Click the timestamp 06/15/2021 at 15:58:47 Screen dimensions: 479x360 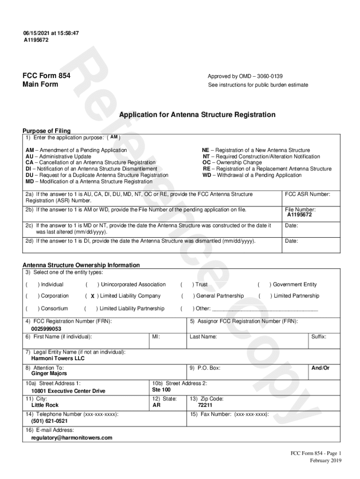tap(51, 33)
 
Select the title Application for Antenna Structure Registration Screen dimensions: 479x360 tap(197, 115)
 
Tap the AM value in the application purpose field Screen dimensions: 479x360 tap(114, 137)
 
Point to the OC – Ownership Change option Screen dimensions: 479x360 tap(232, 163)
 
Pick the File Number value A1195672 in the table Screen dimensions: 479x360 tap(299, 215)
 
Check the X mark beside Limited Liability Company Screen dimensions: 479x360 tap(93, 296)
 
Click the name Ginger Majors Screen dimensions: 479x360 tap(49, 373)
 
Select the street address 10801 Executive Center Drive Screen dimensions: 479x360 tap(68, 391)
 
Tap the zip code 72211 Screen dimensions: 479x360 tap(205, 405)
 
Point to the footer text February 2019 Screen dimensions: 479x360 tap(326, 460)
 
